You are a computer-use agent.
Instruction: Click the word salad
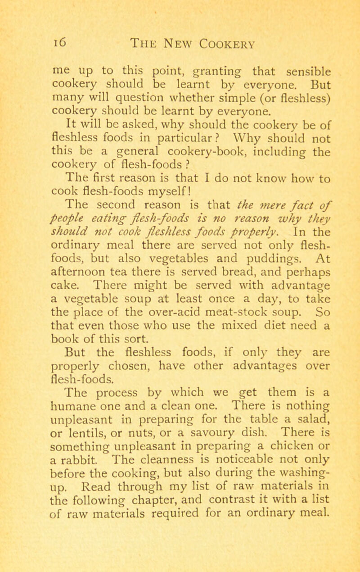[x=280, y=417]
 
